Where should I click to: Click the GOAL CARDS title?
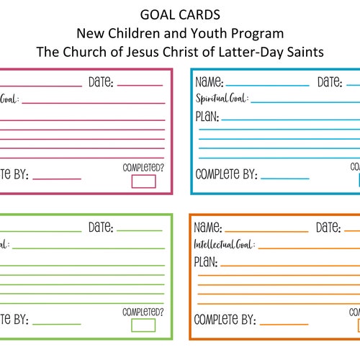[x=179, y=15]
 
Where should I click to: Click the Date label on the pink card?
[x=101, y=83]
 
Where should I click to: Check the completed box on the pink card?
[x=143, y=181]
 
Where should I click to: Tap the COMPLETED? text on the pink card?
[x=143, y=168]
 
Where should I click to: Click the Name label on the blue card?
[x=210, y=83]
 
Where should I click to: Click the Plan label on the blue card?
[x=207, y=117]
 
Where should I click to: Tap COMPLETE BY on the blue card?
[x=226, y=175]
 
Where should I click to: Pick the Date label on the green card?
[x=101, y=228]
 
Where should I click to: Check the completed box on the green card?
[x=143, y=325]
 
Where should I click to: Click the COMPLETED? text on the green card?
[x=143, y=312]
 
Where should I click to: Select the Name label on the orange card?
[x=210, y=228]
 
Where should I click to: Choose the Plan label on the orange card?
[x=207, y=261]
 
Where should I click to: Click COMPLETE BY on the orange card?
[x=226, y=320]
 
